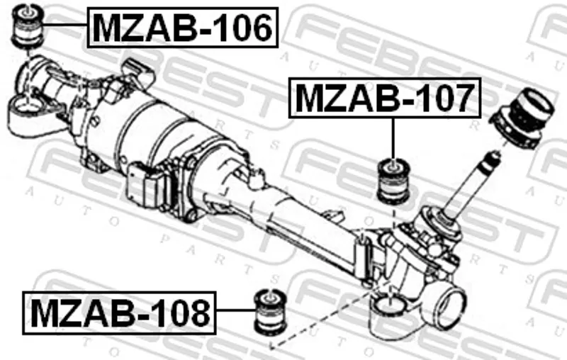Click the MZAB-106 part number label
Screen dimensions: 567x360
[183, 28]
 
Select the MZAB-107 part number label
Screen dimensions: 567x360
[385, 98]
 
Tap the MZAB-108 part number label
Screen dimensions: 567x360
[119, 313]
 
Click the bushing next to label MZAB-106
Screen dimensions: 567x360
[28, 26]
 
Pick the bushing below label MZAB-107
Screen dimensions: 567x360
[394, 181]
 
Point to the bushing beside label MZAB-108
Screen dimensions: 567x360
[271, 311]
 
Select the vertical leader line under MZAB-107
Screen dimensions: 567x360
[393, 138]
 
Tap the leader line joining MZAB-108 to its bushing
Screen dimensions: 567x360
[235, 310]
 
